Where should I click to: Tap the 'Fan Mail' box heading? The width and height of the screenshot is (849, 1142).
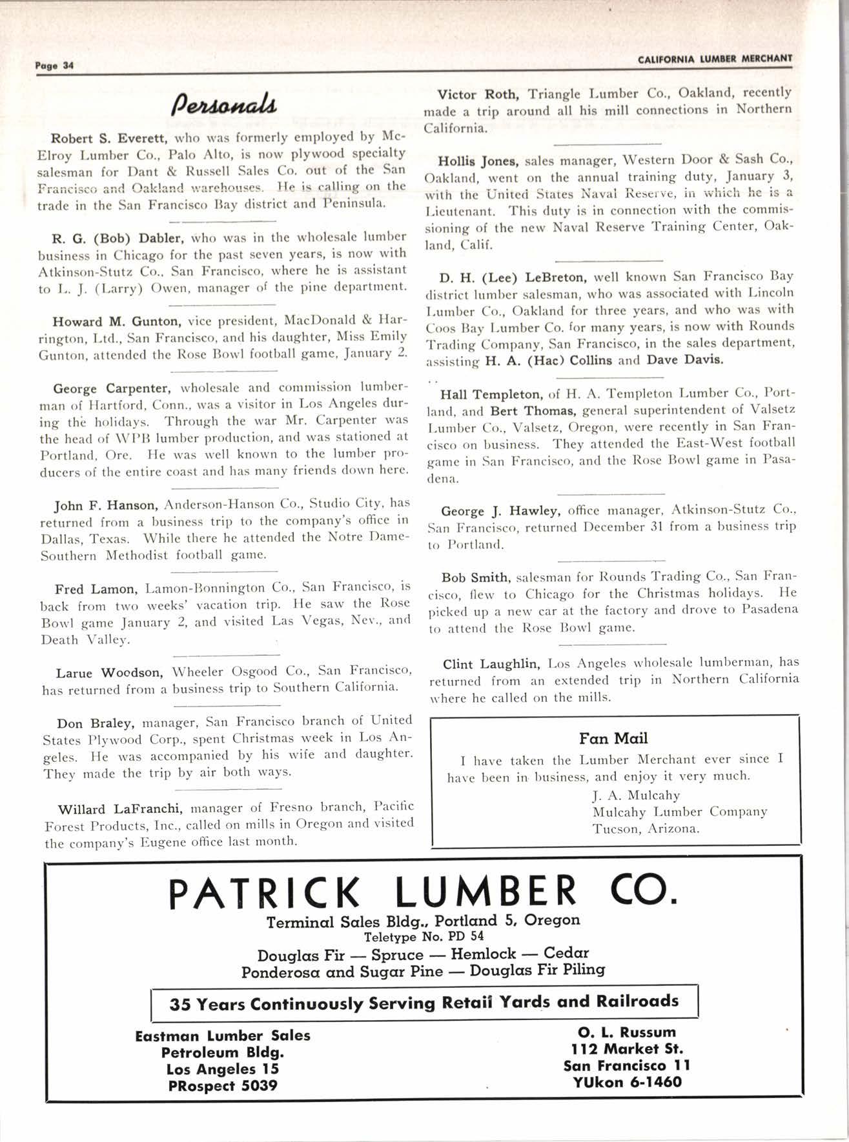pyautogui.click(x=613, y=738)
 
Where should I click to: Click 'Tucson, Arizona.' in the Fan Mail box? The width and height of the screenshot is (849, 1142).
pyautogui.click(x=645, y=828)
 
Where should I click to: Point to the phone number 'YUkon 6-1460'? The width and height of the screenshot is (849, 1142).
pyautogui.click(x=627, y=1082)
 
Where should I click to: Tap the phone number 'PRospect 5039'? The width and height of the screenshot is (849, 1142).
pyautogui.click(x=222, y=1086)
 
